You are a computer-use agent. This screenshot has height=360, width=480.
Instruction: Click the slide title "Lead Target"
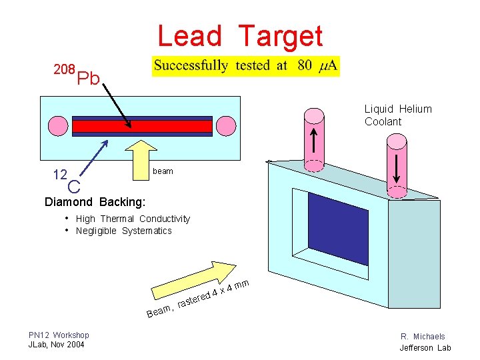tap(240, 36)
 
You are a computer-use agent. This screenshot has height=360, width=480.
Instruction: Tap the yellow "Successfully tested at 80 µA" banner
tap(246, 66)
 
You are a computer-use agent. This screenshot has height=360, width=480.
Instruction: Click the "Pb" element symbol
tap(88, 80)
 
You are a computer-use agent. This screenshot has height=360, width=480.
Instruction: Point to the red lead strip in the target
tap(142, 127)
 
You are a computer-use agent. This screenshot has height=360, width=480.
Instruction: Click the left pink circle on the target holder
tap(55, 125)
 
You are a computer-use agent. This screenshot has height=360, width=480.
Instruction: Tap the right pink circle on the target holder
tap(227, 126)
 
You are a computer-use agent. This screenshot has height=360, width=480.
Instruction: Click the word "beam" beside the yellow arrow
tap(163, 171)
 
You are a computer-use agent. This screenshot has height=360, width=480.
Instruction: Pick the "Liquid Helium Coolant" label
tap(398, 115)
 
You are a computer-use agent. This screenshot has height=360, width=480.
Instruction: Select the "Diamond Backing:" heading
tap(94, 202)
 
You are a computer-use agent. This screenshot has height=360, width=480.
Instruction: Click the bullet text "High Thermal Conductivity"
tap(133, 219)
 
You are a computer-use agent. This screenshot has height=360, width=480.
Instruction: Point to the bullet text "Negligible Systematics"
tap(123, 231)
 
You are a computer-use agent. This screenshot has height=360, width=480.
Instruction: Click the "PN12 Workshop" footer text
tap(59, 335)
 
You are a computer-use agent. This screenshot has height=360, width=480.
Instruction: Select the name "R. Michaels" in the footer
tap(423, 337)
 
